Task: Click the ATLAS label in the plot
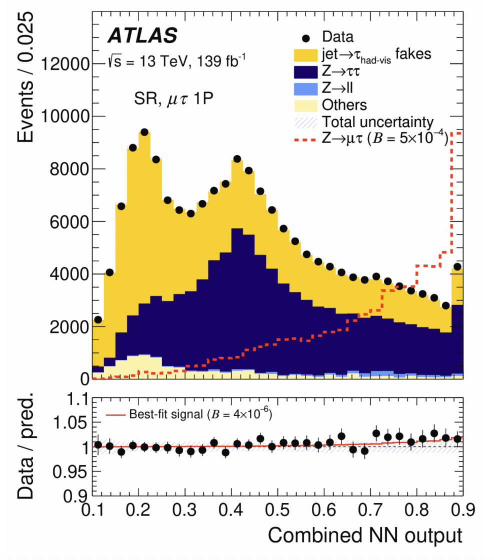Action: (142, 35)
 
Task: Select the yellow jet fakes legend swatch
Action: (305, 53)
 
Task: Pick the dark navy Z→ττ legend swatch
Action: (305, 71)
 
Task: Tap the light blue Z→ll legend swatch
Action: (305, 88)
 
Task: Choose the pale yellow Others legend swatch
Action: (305, 105)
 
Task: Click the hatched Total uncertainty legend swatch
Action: (305, 122)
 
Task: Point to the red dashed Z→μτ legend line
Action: (305, 139)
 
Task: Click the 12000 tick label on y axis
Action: (65, 64)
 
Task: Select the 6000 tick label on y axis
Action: (69, 221)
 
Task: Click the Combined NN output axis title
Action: (365, 535)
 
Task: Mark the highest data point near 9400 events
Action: (144, 132)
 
